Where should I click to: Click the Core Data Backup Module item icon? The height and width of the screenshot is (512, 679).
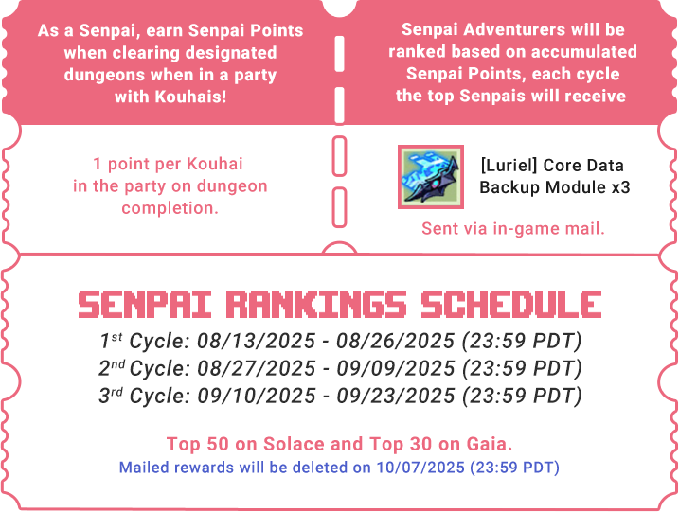431,177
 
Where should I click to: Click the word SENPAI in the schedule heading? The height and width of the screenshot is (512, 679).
145,304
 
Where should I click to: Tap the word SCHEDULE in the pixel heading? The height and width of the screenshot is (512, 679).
511,304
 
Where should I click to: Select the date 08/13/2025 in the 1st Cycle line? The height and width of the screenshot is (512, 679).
257,341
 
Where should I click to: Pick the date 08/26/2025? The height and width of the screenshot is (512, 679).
396,341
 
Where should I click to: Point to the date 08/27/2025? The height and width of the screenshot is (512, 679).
257,368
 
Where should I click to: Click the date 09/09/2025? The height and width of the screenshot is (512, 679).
396,368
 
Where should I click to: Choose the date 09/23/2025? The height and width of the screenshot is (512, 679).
396,396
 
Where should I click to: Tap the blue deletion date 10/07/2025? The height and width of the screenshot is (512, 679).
420,468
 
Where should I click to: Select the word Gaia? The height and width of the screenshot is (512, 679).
490,444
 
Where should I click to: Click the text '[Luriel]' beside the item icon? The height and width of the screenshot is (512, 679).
509,166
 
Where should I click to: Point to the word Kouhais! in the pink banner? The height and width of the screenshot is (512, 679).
191,97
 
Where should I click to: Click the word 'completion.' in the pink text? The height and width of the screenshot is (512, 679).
170,208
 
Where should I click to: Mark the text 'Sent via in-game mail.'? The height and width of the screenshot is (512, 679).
513,229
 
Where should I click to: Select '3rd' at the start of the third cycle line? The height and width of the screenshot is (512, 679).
111,396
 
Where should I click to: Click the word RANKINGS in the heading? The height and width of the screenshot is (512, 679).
316,304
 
